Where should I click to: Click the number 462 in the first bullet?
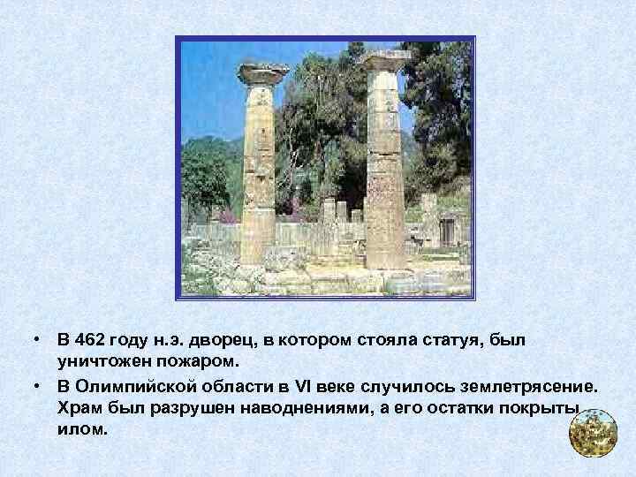tap(92, 340)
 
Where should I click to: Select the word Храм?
tap(78, 408)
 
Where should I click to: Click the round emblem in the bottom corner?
tap(592, 433)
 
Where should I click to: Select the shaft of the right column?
tap(385, 168)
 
